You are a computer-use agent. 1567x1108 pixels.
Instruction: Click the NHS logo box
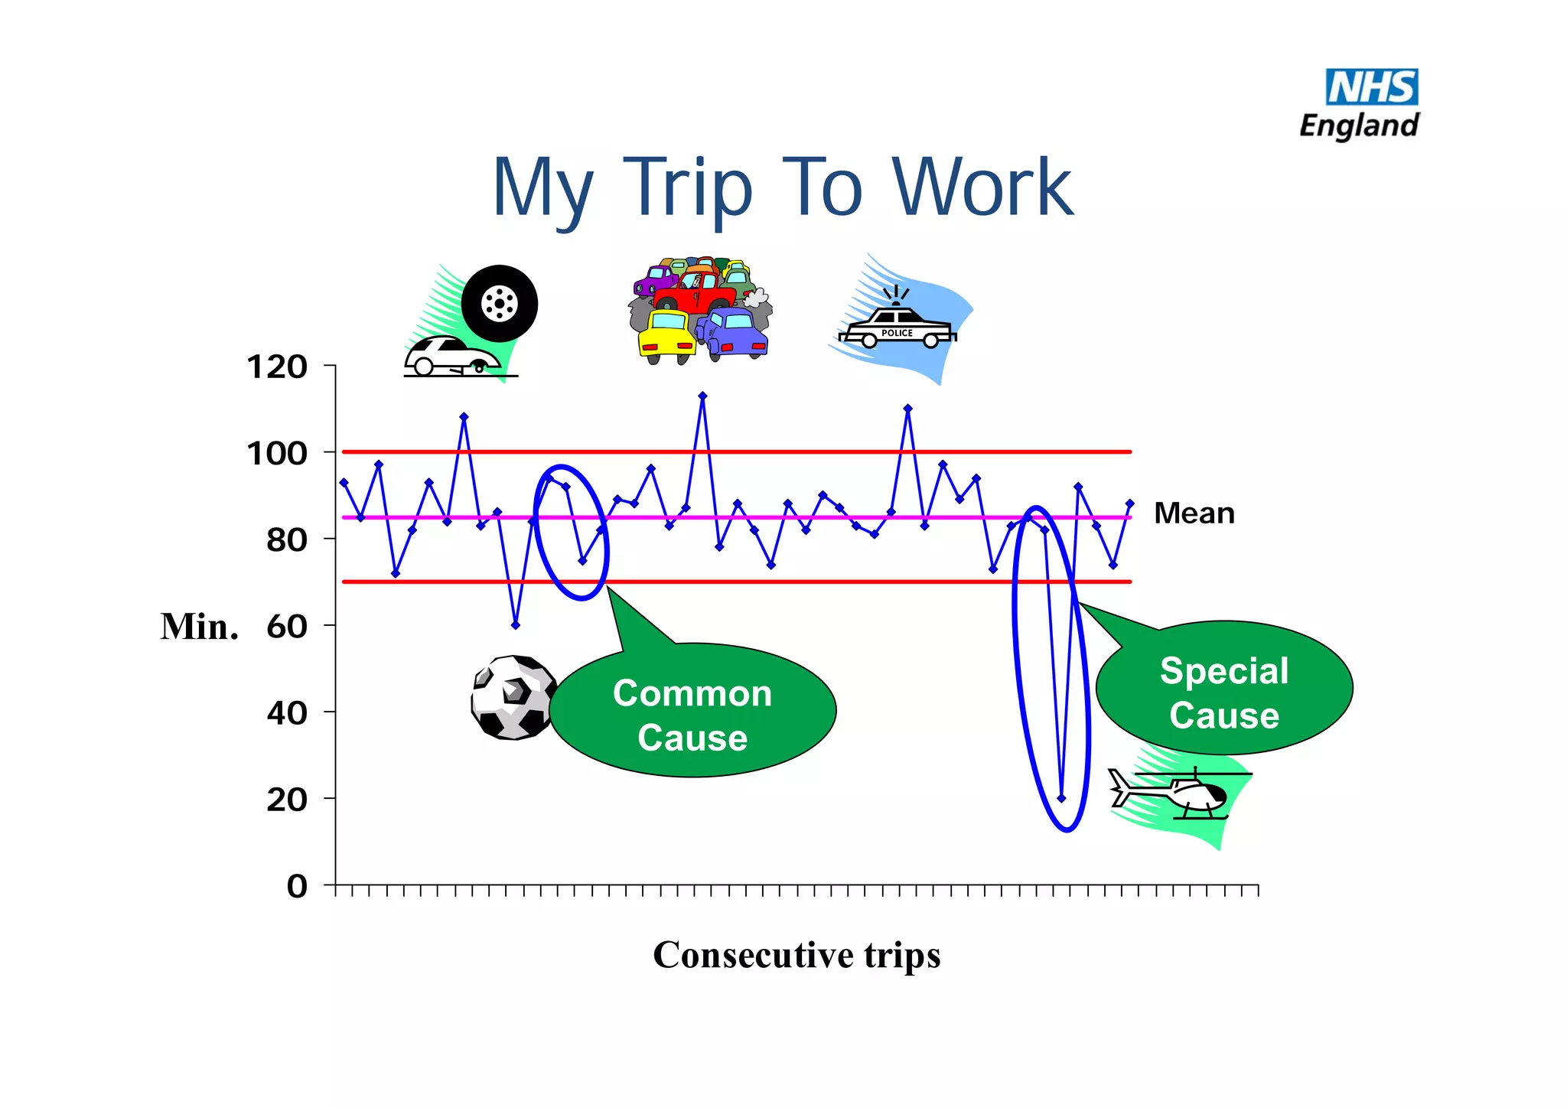(1371, 87)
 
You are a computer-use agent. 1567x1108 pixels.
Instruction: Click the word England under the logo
(1359, 125)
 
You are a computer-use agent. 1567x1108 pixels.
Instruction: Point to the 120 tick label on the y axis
(277, 367)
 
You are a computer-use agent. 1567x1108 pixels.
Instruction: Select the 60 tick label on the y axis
(287, 627)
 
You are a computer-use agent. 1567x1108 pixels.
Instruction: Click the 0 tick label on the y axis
(297, 886)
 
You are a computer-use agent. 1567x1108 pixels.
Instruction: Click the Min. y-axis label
(199, 627)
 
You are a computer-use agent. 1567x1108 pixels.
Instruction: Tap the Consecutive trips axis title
(797, 955)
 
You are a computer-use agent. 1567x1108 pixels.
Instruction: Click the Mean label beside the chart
(1194, 513)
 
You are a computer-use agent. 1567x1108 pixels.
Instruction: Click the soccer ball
(513, 697)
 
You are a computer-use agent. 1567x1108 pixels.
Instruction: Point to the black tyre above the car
(500, 304)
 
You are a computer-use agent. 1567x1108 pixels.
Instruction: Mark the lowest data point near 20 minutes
(1061, 798)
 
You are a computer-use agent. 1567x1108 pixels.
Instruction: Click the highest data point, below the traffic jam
(703, 396)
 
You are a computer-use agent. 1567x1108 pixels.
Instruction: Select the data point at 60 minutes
(516, 625)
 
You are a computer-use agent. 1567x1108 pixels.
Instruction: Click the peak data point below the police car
(908, 409)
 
